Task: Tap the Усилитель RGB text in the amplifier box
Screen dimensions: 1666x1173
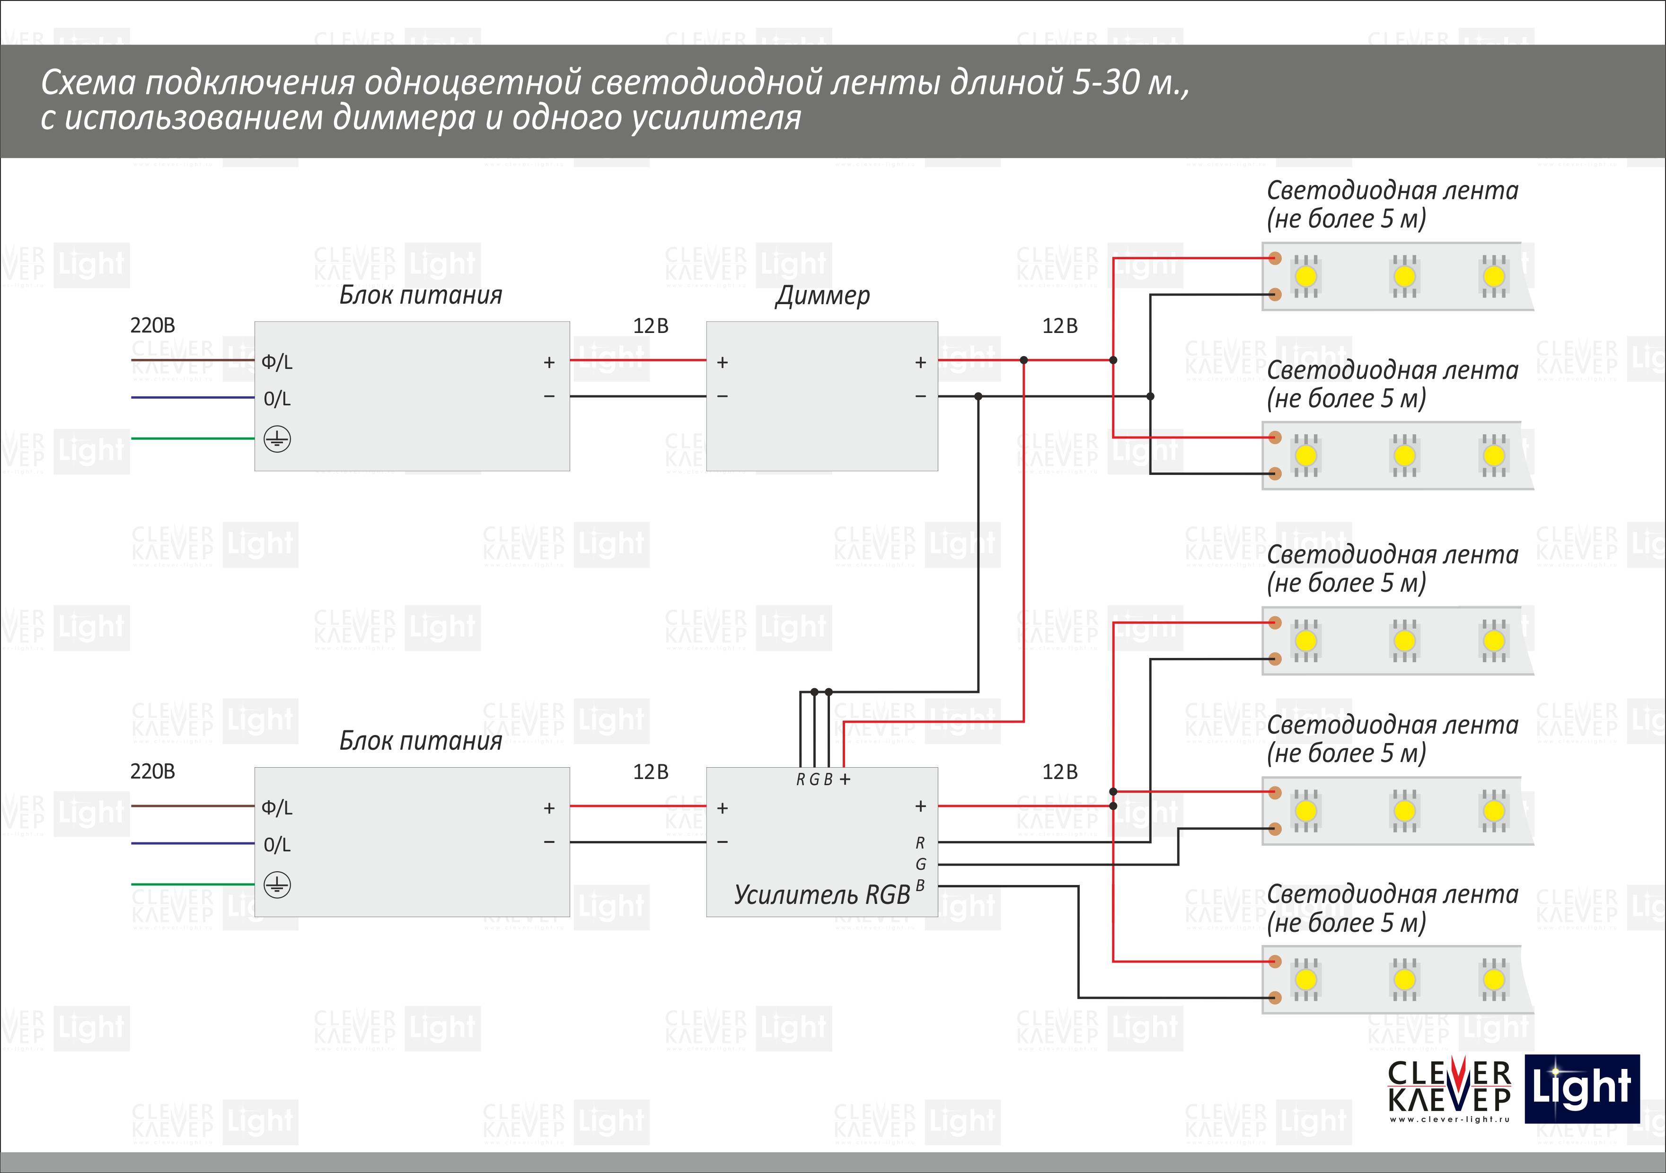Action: click(x=822, y=894)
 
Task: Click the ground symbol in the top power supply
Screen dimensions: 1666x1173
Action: click(x=277, y=439)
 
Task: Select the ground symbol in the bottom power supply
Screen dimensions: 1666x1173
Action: click(x=277, y=885)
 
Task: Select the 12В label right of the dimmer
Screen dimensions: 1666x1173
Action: click(x=1059, y=326)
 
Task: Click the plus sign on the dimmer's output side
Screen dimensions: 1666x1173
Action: click(x=920, y=361)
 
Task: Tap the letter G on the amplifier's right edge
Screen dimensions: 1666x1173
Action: click(x=921, y=864)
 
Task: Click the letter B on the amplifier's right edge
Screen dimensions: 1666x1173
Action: click(x=920, y=885)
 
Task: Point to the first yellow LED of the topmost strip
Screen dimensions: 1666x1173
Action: click(x=1305, y=276)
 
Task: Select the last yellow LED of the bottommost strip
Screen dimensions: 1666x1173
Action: click(x=1493, y=980)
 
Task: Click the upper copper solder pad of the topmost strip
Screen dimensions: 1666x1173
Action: click(x=1275, y=258)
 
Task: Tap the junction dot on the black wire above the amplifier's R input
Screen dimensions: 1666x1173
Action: click(x=814, y=692)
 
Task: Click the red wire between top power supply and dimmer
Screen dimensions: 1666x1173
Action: click(x=638, y=360)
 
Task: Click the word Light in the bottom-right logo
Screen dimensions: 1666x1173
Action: click(x=1582, y=1088)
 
